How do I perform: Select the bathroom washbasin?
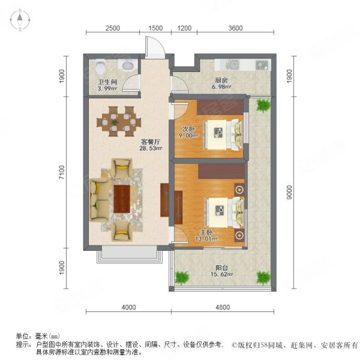pos(128,66)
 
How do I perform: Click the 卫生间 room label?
pos(107,84)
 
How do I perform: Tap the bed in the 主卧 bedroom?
pos(221,209)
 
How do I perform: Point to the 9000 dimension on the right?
pos(290,192)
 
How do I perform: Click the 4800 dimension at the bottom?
pos(222,307)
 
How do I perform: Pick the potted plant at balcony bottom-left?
pos(181,277)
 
